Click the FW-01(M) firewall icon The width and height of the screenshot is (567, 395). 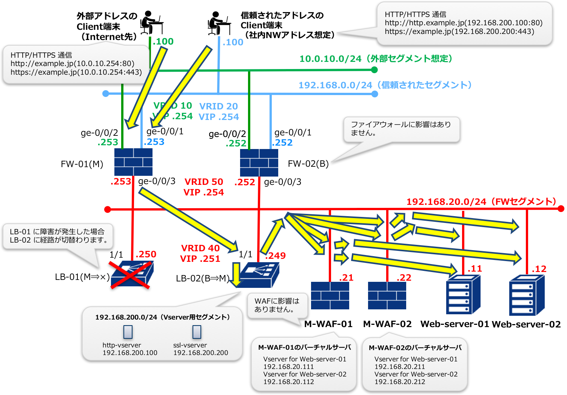(133, 162)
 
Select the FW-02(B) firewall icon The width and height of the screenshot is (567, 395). (259, 163)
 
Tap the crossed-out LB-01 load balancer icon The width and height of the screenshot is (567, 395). (132, 275)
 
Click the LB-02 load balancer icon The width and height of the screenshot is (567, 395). (259, 275)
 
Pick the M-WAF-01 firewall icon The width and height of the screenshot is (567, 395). (330, 295)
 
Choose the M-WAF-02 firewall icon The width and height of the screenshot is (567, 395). (387, 295)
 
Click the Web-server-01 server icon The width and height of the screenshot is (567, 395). (463, 295)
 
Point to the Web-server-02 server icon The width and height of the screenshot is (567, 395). (527, 295)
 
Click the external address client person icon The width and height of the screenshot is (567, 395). (152, 22)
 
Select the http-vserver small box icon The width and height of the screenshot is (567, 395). (128, 332)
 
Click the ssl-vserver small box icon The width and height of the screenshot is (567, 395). (197, 332)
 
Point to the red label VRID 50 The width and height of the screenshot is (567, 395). (204, 182)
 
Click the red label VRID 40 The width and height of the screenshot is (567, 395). (200, 248)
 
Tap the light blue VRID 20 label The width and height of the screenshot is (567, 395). (219, 106)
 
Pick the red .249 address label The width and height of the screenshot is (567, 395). (276, 255)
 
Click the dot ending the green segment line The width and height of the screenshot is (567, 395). (374, 70)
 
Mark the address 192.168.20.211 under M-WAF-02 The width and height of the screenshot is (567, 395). (400, 367)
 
